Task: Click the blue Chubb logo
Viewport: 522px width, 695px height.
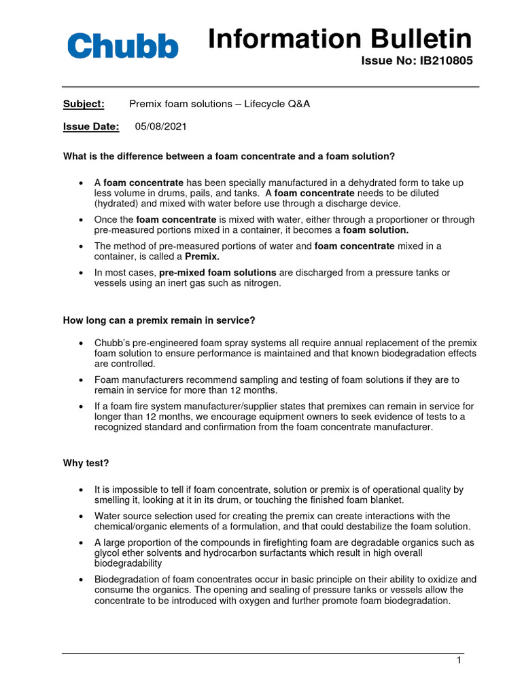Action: tap(122, 46)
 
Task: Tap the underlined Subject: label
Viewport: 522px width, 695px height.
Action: tap(84, 104)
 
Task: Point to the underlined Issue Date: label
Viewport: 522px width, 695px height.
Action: tap(91, 126)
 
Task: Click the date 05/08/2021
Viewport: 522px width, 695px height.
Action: tap(160, 126)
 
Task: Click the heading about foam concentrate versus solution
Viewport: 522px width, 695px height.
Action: tap(228, 156)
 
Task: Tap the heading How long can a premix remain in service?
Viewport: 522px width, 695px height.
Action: tap(159, 320)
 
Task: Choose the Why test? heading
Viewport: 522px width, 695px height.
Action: tap(86, 463)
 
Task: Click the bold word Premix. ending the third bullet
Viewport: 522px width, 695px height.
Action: tap(203, 257)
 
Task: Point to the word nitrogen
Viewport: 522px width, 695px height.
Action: tap(260, 283)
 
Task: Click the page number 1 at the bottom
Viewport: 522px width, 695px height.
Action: tap(459, 660)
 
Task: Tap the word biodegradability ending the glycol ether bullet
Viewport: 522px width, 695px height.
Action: tap(128, 563)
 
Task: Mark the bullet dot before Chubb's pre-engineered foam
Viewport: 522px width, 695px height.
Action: tap(82, 344)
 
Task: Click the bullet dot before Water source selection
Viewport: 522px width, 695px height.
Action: tap(82, 516)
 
